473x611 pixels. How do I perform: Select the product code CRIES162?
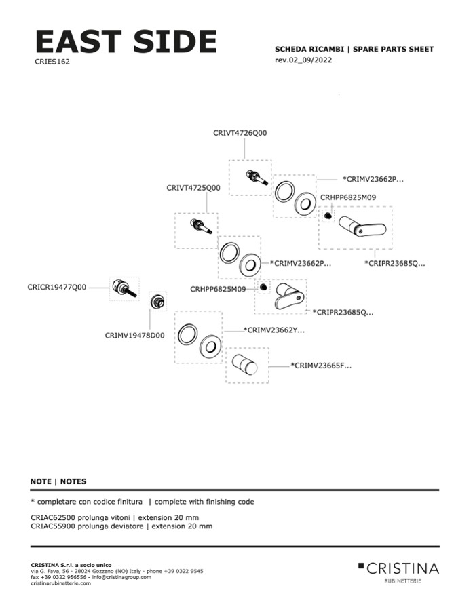(52, 61)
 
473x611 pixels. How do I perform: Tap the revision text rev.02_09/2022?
(303, 60)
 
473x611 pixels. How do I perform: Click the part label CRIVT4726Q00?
(240, 133)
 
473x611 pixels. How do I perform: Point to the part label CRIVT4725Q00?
(193, 187)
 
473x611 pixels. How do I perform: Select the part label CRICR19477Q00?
(57, 287)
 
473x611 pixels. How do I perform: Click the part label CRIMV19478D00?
(134, 335)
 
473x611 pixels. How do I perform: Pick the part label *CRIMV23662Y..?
(274, 330)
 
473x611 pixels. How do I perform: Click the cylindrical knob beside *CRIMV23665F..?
(244, 365)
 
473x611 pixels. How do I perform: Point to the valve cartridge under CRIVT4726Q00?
(257, 177)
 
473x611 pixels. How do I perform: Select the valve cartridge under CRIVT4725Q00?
(202, 226)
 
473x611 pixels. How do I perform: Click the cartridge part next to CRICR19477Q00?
(124, 288)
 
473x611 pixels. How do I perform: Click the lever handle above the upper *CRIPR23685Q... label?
(362, 225)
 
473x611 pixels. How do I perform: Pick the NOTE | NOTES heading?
(58, 481)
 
